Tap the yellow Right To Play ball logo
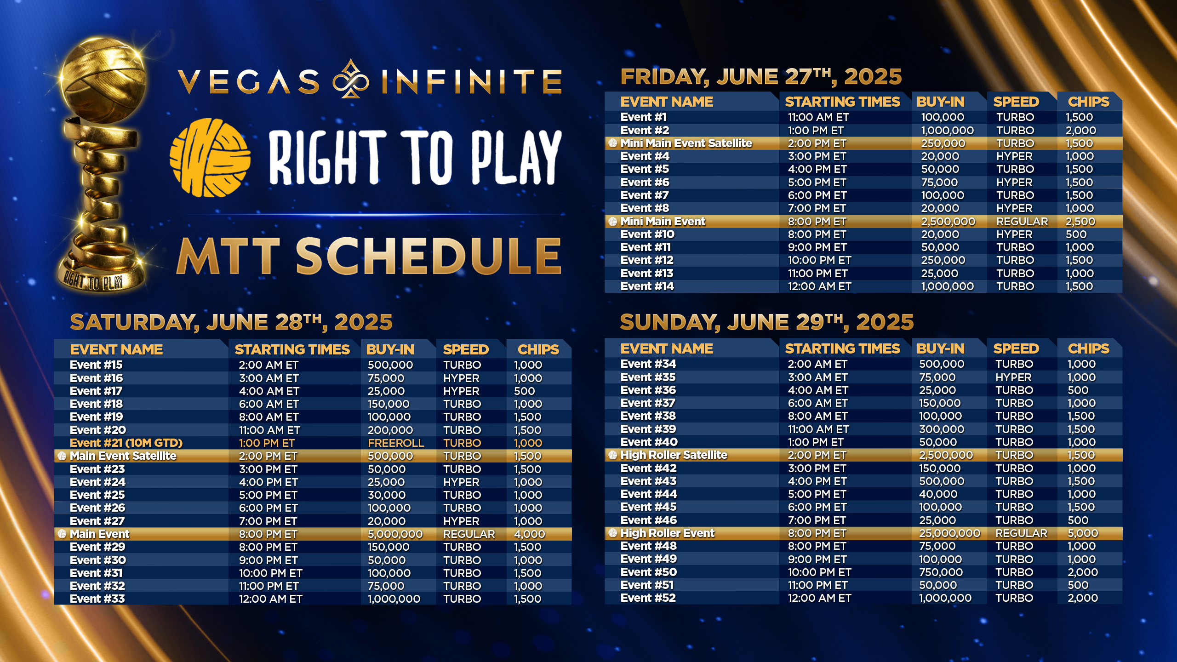coord(210,157)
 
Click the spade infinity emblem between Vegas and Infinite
coord(351,79)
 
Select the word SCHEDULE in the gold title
coord(429,256)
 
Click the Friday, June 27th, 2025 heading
coord(761,76)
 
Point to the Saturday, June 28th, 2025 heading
coord(231,322)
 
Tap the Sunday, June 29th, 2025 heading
coord(766,322)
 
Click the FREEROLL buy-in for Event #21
coord(396,443)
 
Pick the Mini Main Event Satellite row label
coord(686,143)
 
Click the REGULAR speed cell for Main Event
coord(469,534)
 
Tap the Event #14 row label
coord(647,286)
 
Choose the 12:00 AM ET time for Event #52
coord(819,598)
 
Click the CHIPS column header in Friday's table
coord(1088,102)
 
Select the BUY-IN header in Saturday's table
coord(390,349)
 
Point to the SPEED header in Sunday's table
coord(1016,348)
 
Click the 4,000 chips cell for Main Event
coord(529,534)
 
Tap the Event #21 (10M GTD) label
coord(126,443)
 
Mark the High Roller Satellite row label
coord(674,455)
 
